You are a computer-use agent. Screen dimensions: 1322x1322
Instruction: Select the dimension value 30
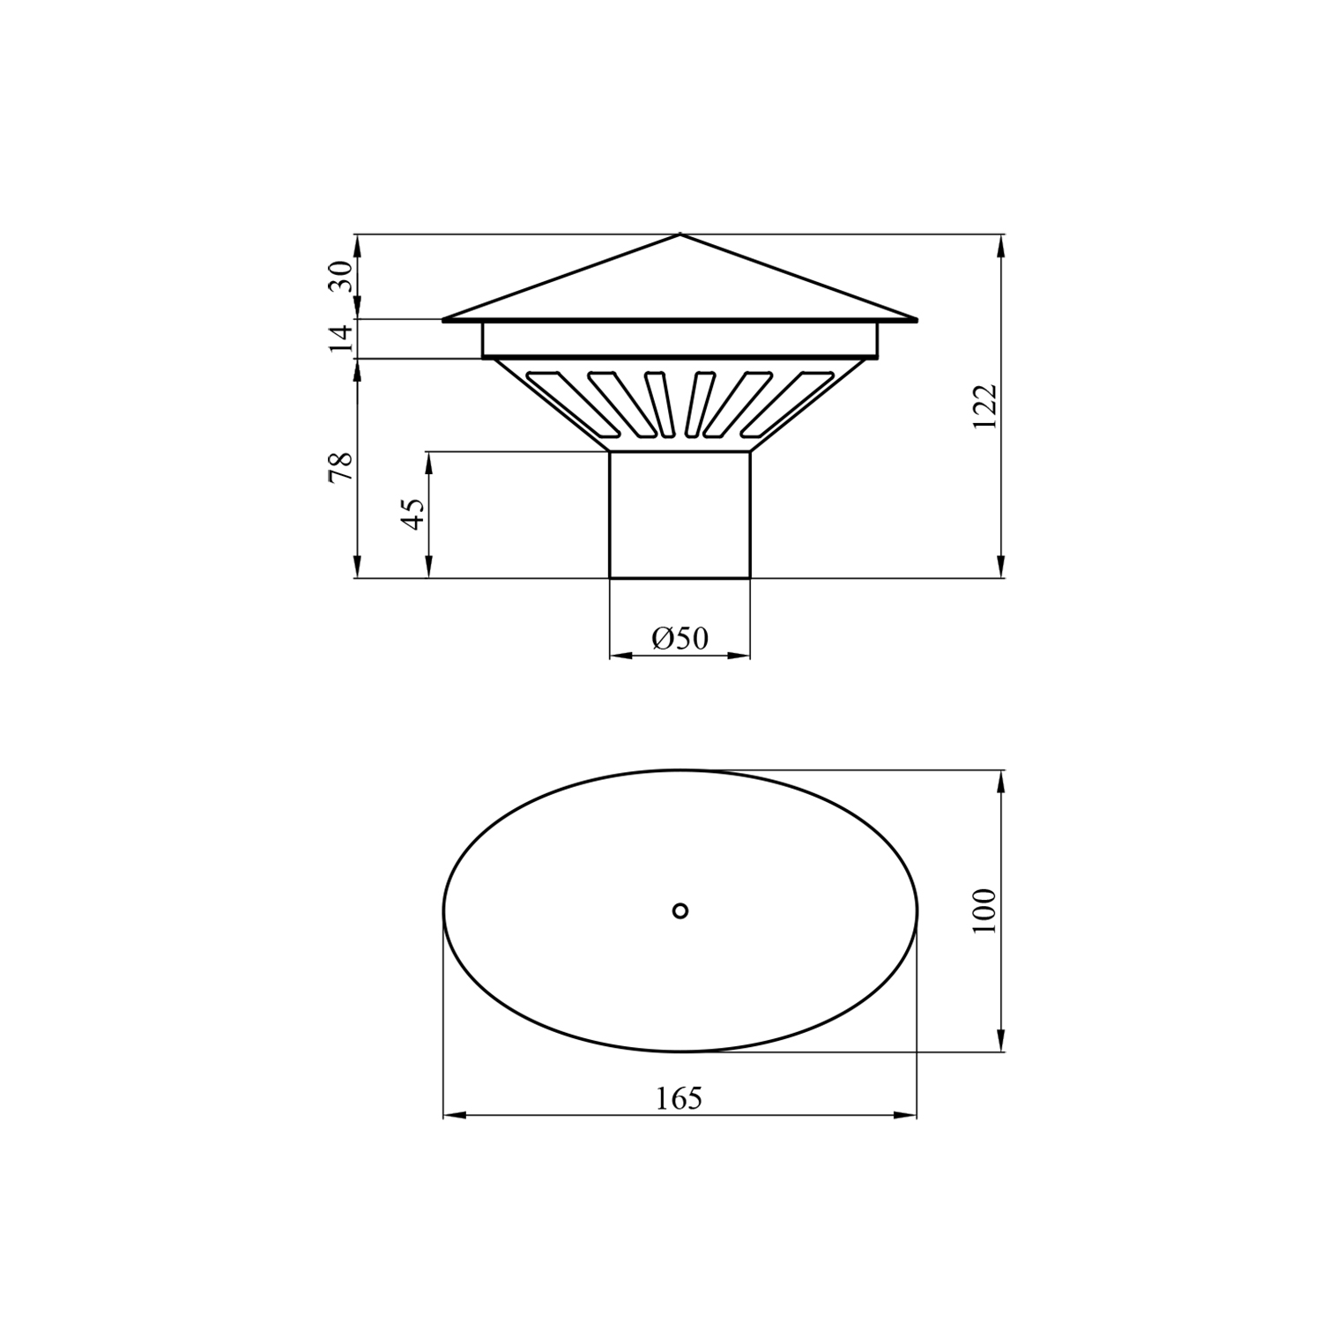tap(341, 276)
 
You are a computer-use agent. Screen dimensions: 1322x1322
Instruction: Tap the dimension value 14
tap(341, 338)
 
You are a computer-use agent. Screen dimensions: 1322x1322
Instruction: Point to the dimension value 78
tap(341, 466)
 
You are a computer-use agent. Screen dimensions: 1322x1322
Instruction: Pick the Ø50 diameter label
tap(680, 638)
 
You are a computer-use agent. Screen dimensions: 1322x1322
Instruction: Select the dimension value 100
tap(984, 910)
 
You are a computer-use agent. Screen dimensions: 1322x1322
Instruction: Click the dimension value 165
tap(680, 1098)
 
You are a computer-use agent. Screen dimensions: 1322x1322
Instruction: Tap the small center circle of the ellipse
tap(680, 910)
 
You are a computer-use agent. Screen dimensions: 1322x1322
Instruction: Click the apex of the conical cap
tap(680, 234)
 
